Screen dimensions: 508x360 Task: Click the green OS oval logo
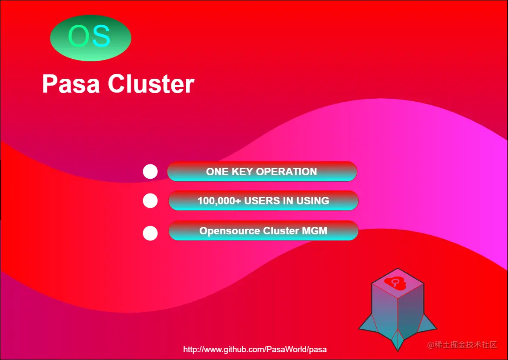click(91, 38)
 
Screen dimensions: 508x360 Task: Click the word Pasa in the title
click(71, 84)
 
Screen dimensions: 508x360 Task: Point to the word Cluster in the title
click(151, 84)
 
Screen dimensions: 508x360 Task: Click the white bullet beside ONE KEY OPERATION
click(150, 172)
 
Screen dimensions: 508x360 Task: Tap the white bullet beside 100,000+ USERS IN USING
click(150, 201)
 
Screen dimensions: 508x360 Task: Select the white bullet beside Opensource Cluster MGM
click(150, 233)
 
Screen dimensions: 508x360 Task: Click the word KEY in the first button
click(242, 172)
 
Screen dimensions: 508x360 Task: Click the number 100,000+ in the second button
click(219, 201)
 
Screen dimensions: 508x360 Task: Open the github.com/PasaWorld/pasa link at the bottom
click(255, 350)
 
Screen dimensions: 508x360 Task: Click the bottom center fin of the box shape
click(398, 340)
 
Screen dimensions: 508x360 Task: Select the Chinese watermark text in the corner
click(462, 345)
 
